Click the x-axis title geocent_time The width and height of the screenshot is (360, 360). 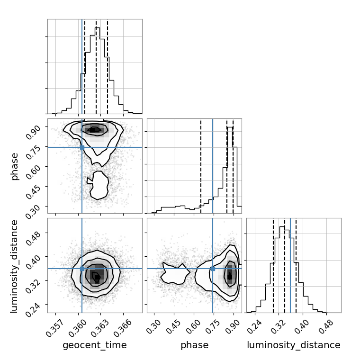[x=95, y=345]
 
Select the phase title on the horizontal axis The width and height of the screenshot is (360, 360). [x=195, y=345]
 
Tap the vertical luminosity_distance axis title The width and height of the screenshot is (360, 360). [x=14, y=266]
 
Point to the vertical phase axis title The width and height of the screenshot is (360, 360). [x=15, y=167]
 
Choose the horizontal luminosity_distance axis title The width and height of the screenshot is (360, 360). [x=294, y=345]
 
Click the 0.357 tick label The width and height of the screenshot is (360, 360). [x=54, y=328]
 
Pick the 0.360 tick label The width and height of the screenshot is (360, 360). [x=77, y=328]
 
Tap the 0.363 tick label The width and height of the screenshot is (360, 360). [x=100, y=328]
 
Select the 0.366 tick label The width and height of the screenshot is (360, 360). [x=123, y=328]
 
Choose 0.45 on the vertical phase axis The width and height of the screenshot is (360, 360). [x=33, y=191]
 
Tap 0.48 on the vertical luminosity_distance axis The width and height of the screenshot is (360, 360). [x=33, y=238]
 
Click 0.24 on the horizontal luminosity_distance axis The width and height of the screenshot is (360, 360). [x=255, y=326]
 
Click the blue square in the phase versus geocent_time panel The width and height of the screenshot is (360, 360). [x=82, y=147]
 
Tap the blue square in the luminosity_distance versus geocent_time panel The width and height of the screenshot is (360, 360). [x=82, y=269]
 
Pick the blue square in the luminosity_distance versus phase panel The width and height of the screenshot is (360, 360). [x=213, y=269]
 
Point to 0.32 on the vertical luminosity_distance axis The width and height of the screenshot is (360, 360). [x=33, y=286]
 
